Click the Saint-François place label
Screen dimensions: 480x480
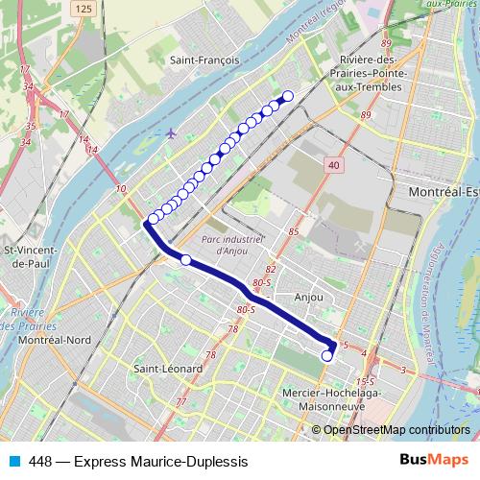click(x=204, y=60)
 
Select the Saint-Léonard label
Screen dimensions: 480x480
click(x=168, y=369)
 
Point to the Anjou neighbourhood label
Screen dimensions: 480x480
click(x=309, y=298)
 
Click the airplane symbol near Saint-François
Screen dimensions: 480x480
click(x=171, y=132)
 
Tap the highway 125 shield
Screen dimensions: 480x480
click(x=84, y=8)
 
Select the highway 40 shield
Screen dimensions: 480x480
click(x=333, y=166)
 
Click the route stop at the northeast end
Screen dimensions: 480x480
click(x=287, y=95)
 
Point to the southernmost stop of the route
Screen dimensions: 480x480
click(x=326, y=356)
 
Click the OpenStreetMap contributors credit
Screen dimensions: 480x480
click(x=396, y=429)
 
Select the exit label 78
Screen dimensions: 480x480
click(x=232, y=329)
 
